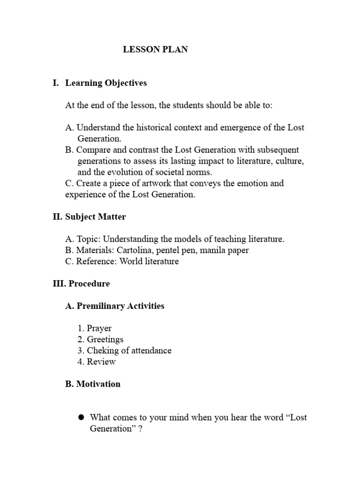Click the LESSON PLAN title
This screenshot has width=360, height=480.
(155, 49)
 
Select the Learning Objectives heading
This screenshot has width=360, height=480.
(105, 83)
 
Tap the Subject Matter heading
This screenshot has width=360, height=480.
(95, 217)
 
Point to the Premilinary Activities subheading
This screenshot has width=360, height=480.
(120, 306)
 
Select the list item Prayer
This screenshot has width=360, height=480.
(99, 328)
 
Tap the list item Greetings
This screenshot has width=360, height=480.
(105, 339)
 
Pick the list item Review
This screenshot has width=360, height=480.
(101, 362)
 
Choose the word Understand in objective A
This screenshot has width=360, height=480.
(97, 127)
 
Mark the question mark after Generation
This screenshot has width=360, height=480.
(140, 428)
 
